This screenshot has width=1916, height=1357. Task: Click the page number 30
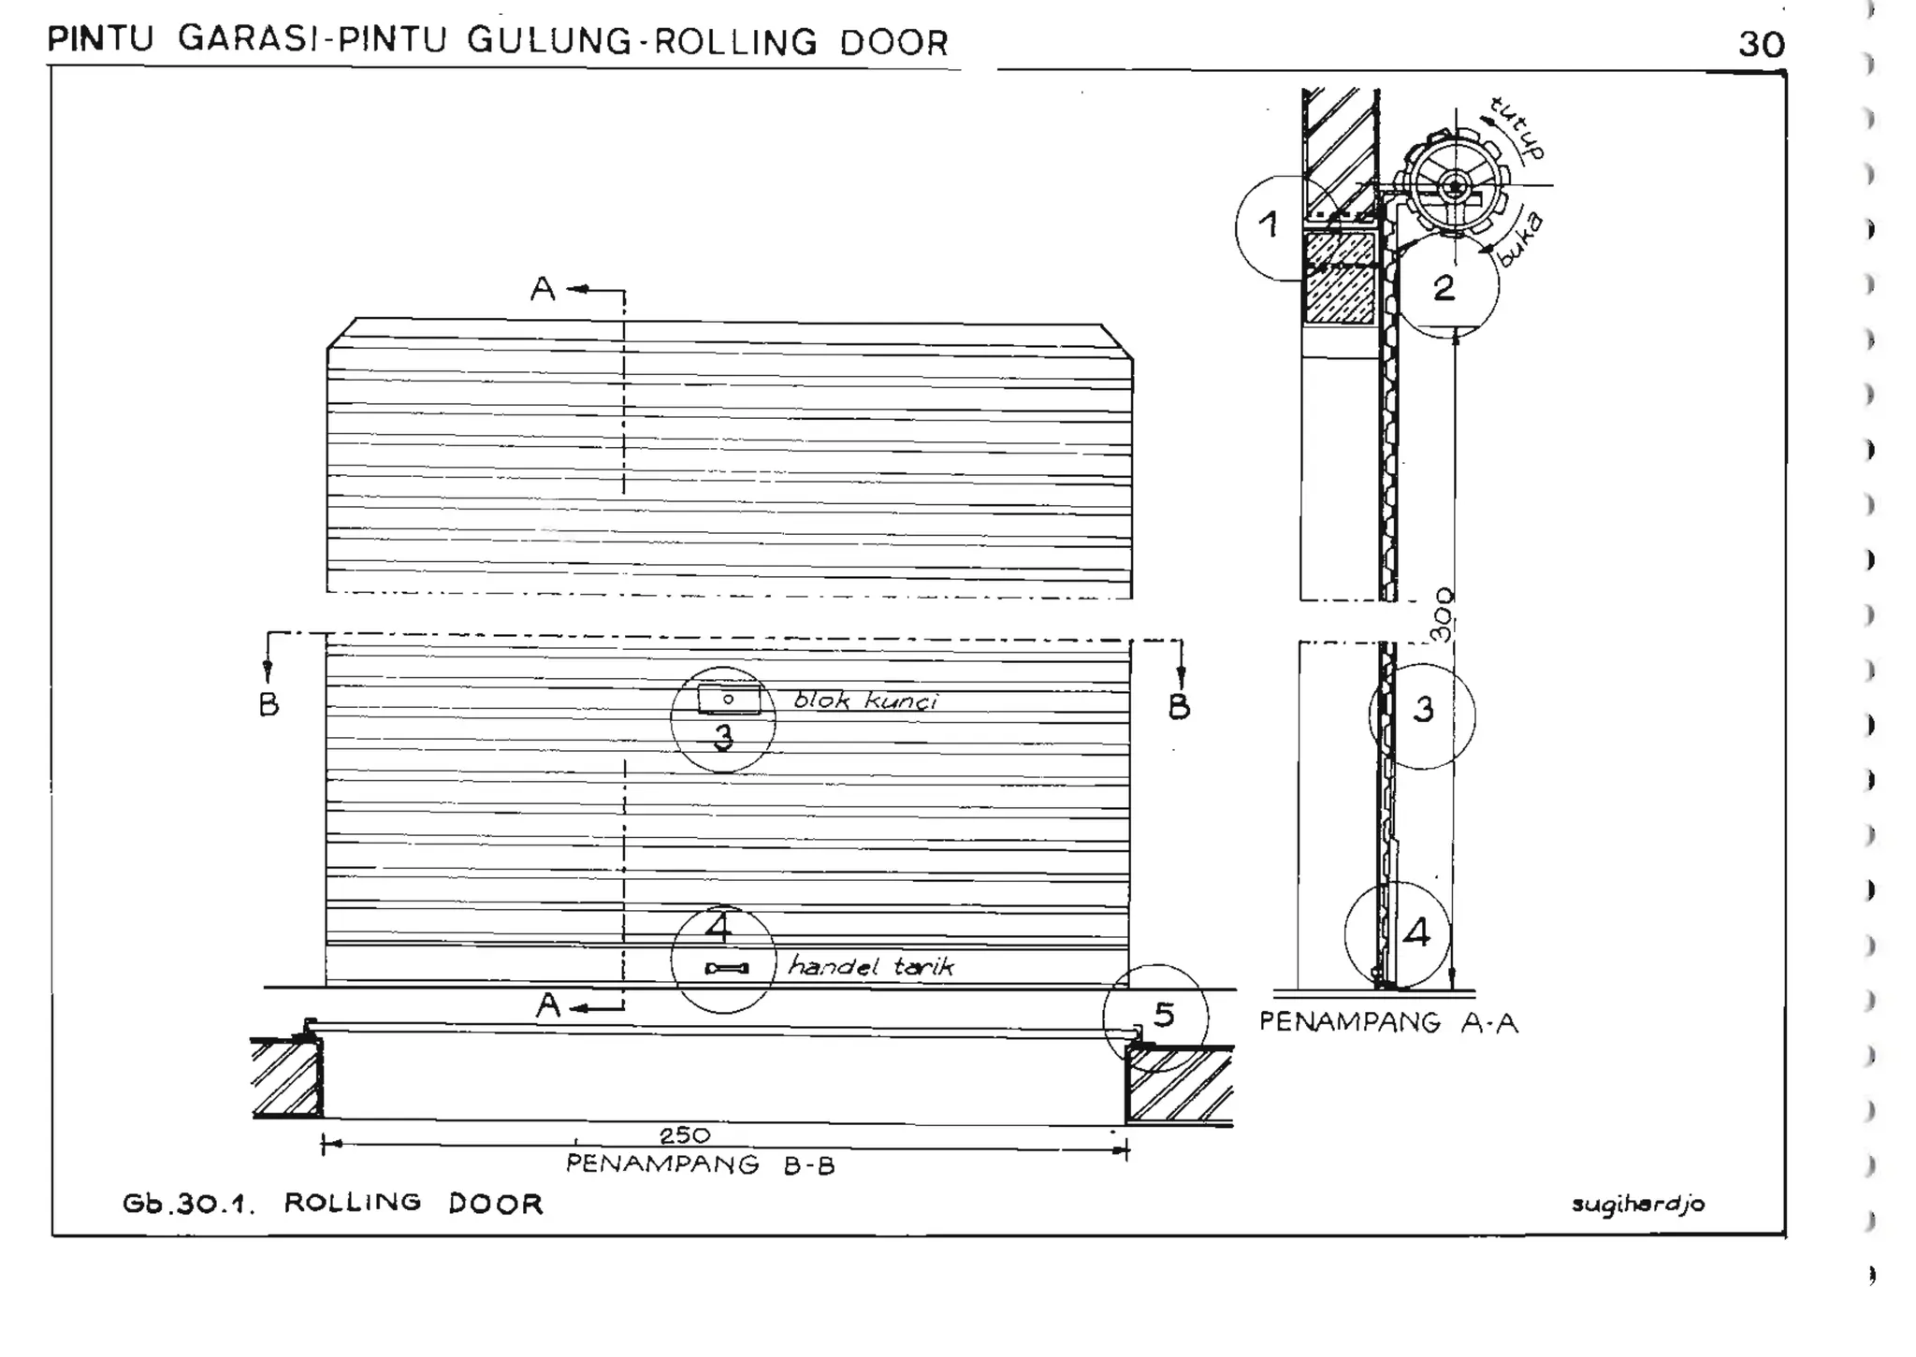pos(1761,44)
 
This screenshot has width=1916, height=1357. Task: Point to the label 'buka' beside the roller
pos(1520,240)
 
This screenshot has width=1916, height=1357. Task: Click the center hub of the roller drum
pos(1455,187)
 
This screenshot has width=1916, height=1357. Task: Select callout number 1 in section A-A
pos(1269,224)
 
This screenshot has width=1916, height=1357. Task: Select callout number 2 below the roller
pos(1444,288)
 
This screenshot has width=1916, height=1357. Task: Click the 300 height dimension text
pos(1444,614)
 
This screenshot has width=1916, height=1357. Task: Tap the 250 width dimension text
pos(685,1135)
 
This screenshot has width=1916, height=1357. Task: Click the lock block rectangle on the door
pos(729,699)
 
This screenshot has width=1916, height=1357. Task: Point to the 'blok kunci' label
pos(865,701)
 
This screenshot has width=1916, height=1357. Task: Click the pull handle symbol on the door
pos(727,968)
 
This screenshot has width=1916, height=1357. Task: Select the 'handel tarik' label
pos(871,966)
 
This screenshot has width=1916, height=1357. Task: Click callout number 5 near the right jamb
pos(1163,1015)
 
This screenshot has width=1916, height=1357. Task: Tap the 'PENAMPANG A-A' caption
pos(1388,1022)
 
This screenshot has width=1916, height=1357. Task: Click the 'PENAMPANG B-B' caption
pos(700,1165)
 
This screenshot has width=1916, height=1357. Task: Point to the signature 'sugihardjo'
pos(1638,1205)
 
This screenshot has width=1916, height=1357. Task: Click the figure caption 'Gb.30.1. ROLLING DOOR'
pos(333,1204)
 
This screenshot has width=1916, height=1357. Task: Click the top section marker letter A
pos(543,290)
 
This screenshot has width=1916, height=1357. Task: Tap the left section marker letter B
pos(269,704)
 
